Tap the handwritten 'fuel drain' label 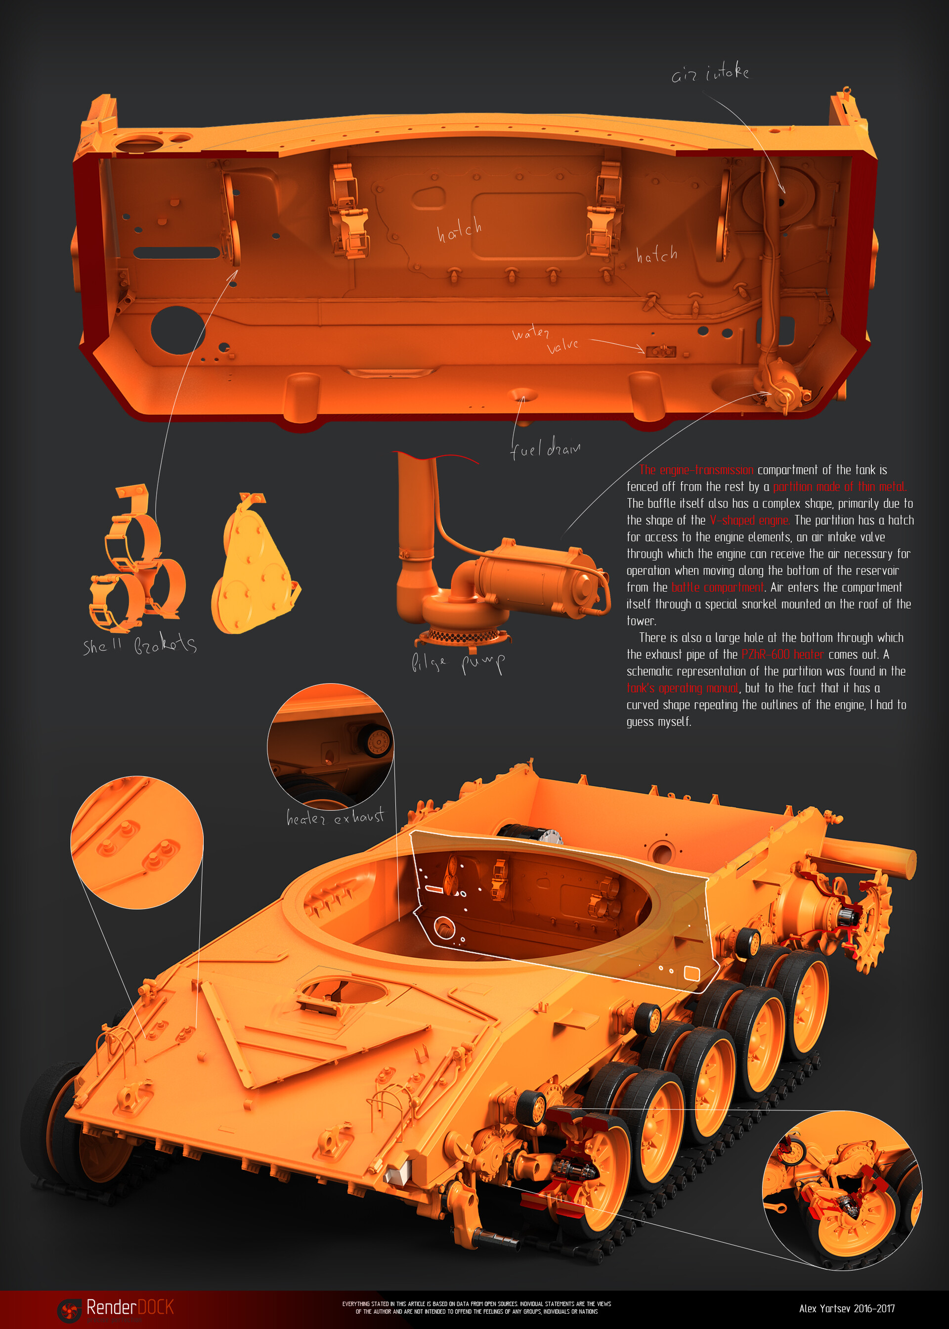(545, 448)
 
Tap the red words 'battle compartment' (717, 587)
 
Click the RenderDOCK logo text (129, 1307)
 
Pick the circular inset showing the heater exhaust (330, 746)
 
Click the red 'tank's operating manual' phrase (683, 688)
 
